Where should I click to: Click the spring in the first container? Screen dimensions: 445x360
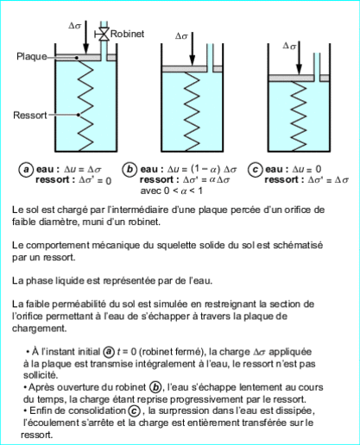[83, 108]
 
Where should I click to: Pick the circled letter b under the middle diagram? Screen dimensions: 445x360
[130, 170]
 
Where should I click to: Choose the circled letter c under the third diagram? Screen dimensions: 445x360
[256, 170]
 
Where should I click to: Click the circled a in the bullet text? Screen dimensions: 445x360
[109, 352]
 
